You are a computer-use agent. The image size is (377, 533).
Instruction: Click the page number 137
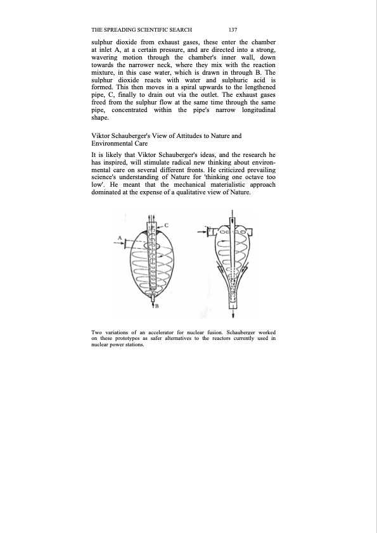[233, 30]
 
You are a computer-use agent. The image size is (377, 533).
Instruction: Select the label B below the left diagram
[156, 306]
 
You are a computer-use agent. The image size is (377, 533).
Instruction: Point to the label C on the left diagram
[166, 225]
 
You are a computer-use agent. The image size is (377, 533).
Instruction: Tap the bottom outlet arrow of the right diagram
[233, 313]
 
